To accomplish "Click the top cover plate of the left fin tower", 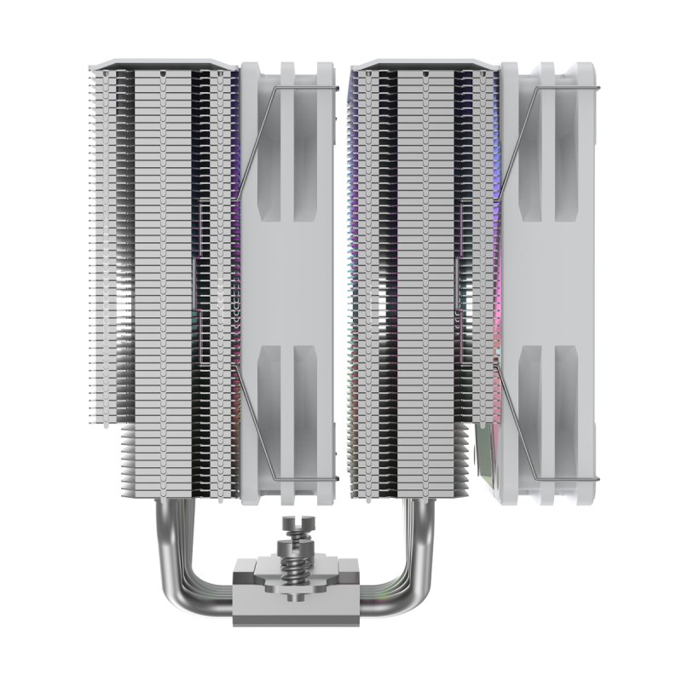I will coord(162,64).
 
